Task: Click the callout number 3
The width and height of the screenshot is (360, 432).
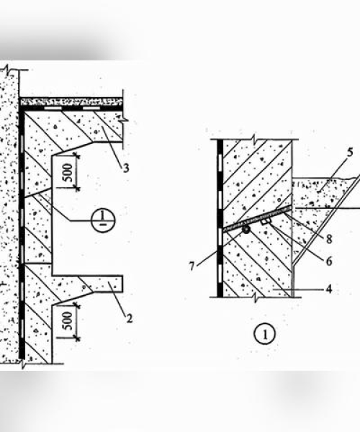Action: [x=126, y=168]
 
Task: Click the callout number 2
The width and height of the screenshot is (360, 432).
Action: [x=129, y=318]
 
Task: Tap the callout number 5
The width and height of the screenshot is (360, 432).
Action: [x=350, y=153]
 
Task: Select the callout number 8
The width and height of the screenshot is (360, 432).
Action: [x=329, y=239]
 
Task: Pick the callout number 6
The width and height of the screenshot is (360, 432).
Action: [x=329, y=261]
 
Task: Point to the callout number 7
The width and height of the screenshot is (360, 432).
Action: [x=192, y=266]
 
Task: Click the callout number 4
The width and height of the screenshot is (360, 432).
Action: [x=329, y=289]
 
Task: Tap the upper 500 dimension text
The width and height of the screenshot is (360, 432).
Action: [x=68, y=173]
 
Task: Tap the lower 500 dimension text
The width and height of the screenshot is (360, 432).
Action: [x=68, y=320]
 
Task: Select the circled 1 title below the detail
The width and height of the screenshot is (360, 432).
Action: [x=264, y=334]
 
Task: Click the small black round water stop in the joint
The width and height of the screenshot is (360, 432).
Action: [x=246, y=229]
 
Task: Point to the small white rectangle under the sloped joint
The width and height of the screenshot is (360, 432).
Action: [x=266, y=221]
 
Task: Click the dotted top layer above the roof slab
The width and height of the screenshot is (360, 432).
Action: [x=71, y=102]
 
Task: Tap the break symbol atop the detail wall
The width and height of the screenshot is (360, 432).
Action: [x=255, y=139]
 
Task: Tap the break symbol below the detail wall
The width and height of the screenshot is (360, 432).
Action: [x=256, y=298]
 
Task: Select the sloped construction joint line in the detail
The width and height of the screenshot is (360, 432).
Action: [x=257, y=217]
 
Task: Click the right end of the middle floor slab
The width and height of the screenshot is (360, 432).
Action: [x=122, y=284]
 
